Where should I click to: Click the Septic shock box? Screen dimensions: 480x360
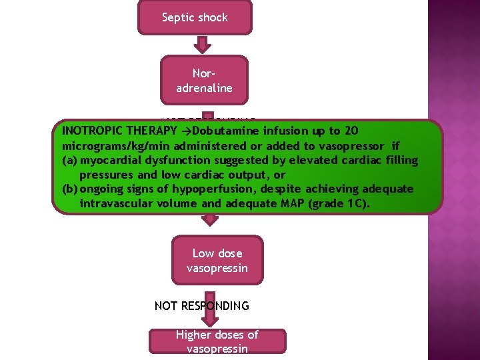pos(195,17)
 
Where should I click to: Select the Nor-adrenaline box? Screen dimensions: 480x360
pos(204,80)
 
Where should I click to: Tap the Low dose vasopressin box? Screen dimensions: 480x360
pos(217,261)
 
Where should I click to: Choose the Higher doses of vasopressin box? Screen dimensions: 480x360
pos(217,341)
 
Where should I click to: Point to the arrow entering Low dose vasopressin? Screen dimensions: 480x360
pos(210,221)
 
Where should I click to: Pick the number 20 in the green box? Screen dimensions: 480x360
pos(352,129)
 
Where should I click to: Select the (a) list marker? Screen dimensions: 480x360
pos(69,160)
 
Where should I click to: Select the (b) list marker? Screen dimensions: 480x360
pos(69,189)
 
